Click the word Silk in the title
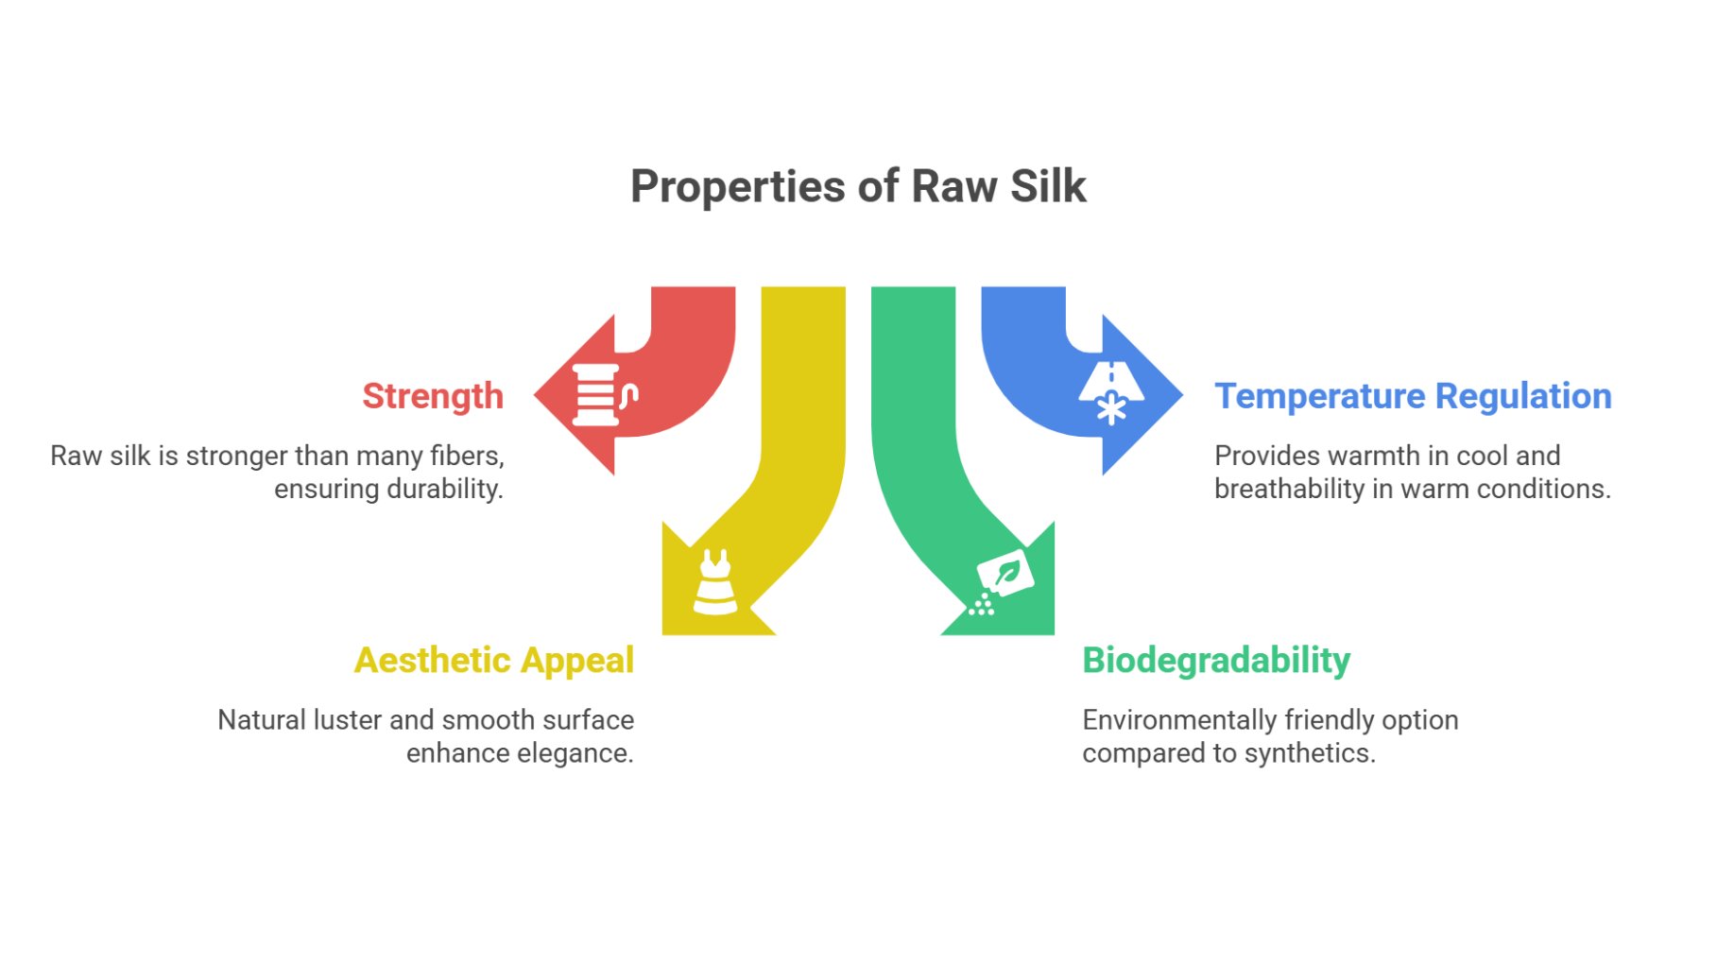[x=1048, y=186]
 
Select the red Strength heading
[x=433, y=396]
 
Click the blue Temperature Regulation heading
[x=1413, y=396]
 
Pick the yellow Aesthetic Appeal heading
[x=493, y=660]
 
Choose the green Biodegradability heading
[x=1216, y=660]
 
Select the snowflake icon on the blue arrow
[x=1111, y=408]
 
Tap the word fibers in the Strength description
[x=467, y=456]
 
